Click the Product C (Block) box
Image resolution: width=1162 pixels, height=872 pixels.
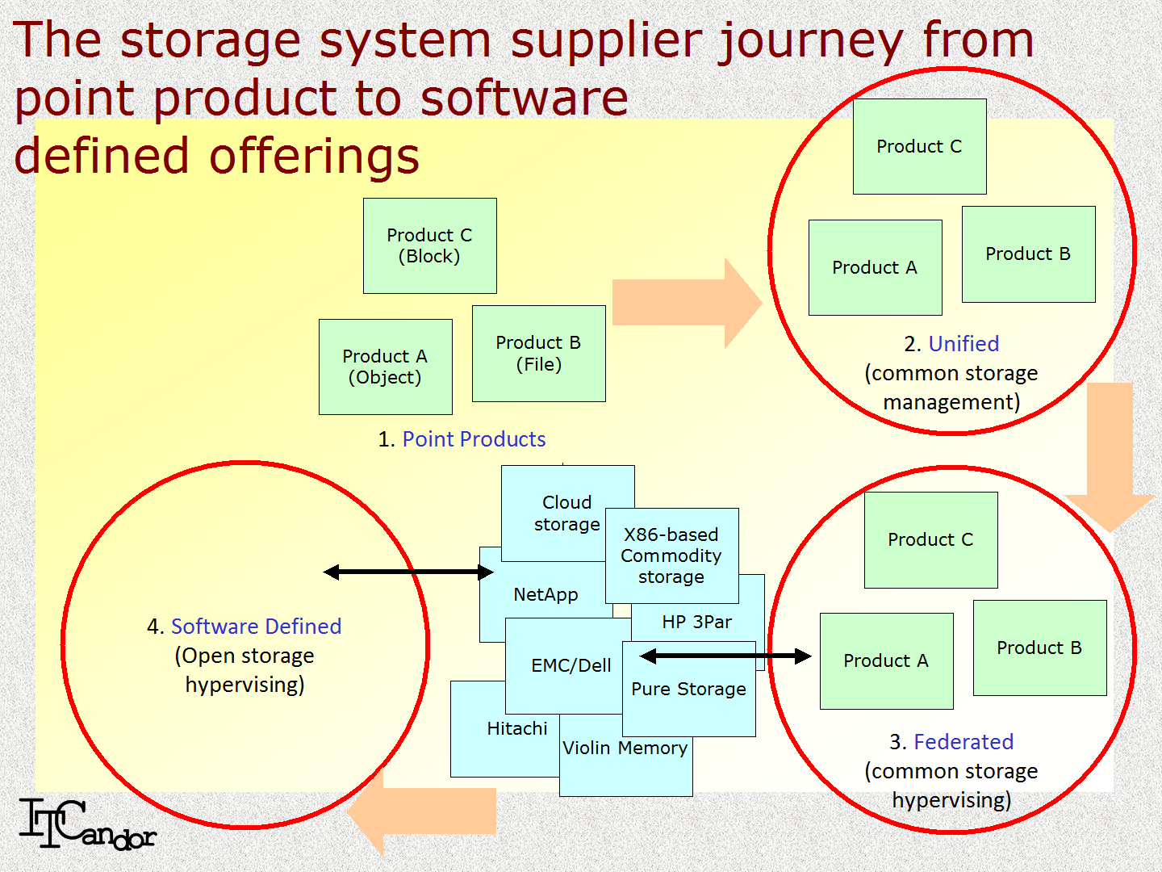pyautogui.click(x=429, y=245)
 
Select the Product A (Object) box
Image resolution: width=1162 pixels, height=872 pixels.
pyautogui.click(x=385, y=367)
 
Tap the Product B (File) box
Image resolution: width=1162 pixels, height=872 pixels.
pyautogui.click(x=538, y=353)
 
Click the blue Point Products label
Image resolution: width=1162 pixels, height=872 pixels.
pyautogui.click(x=474, y=439)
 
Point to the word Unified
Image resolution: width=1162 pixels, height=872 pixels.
pyautogui.click(x=963, y=344)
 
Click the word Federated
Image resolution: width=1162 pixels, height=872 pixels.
pyautogui.click(x=963, y=742)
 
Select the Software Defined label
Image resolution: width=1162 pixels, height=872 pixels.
pyautogui.click(x=256, y=627)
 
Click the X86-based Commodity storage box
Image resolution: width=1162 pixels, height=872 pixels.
pyautogui.click(x=671, y=555)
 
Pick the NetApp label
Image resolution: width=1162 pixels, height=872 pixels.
pyautogui.click(x=545, y=595)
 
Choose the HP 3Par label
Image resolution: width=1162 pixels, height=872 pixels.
pyautogui.click(x=697, y=623)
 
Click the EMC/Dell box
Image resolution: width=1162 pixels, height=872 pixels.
pyautogui.click(x=571, y=666)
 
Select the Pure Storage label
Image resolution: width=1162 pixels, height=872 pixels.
pyautogui.click(x=688, y=690)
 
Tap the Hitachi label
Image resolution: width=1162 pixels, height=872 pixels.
pyautogui.click(x=517, y=729)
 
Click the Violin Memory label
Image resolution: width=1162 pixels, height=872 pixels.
pyautogui.click(x=625, y=748)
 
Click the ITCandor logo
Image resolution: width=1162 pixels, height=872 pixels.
pyautogui.click(x=86, y=824)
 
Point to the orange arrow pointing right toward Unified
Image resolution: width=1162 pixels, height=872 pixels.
pyautogui.click(x=686, y=303)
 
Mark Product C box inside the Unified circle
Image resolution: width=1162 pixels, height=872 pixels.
pyautogui.click(x=919, y=146)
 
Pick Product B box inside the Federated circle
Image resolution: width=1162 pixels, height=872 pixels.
pyautogui.click(x=1039, y=648)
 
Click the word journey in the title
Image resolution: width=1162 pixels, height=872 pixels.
pyautogui.click(x=812, y=40)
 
